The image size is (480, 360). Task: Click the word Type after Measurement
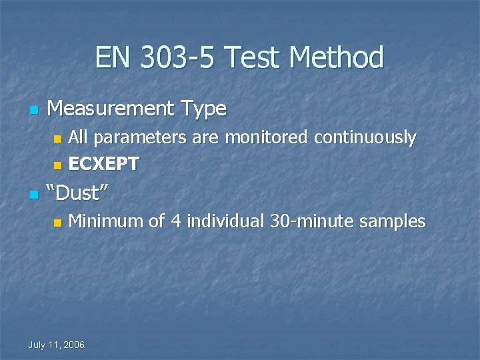pyautogui.click(x=201, y=108)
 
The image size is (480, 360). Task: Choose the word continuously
pyautogui.click(x=365, y=138)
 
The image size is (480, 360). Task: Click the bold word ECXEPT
pyautogui.click(x=104, y=164)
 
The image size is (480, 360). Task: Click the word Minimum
pyautogui.click(x=106, y=221)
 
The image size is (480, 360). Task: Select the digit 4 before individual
pyautogui.click(x=175, y=221)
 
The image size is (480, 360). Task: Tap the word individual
pyautogui.click(x=225, y=221)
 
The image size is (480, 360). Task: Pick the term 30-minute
pyautogui.click(x=311, y=221)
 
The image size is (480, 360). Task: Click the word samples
pyautogui.click(x=392, y=221)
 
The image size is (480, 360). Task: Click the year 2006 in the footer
pyautogui.click(x=73, y=345)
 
